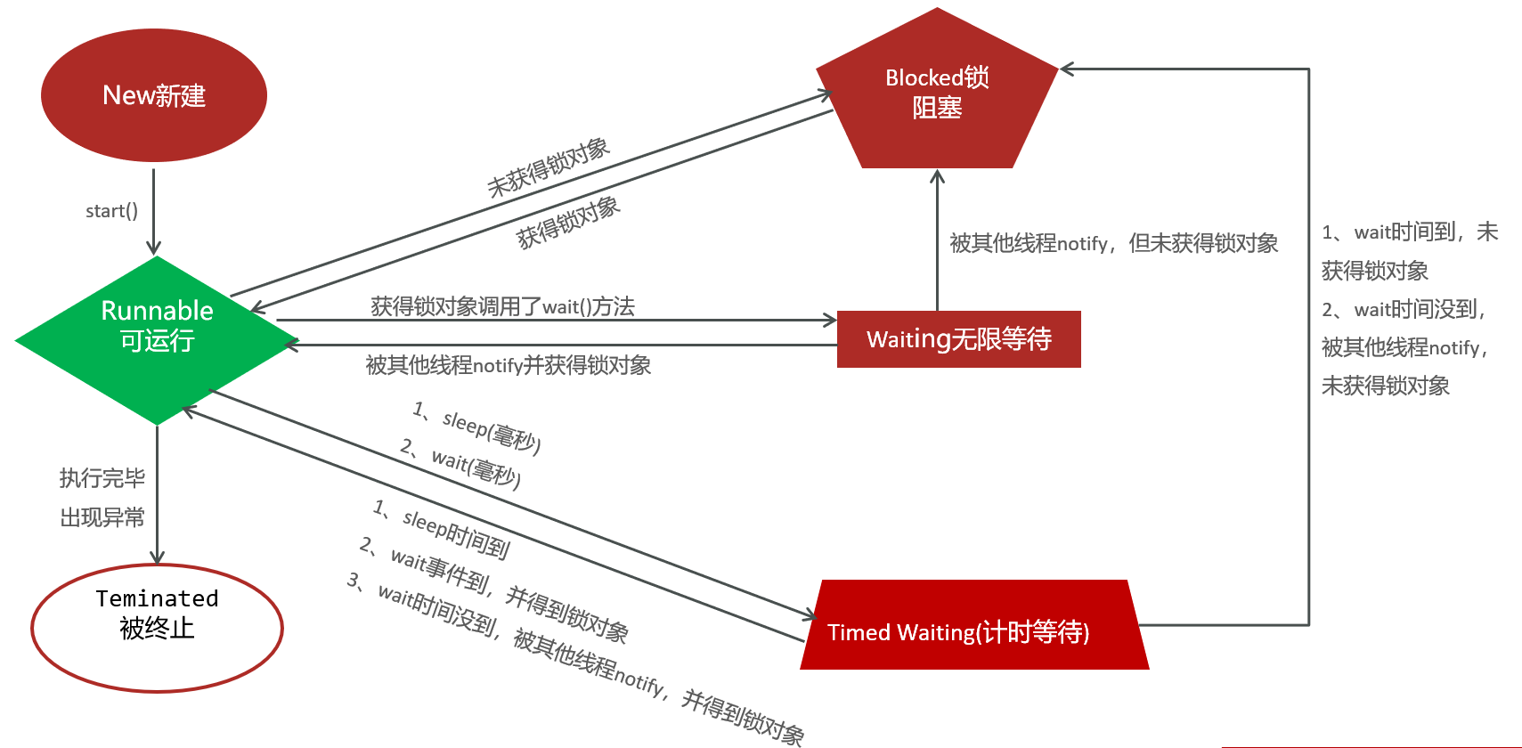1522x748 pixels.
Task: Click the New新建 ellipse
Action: tap(154, 95)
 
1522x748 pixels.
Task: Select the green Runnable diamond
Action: tap(157, 340)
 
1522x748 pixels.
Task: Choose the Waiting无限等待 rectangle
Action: tap(959, 339)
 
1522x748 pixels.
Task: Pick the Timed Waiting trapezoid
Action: tap(974, 625)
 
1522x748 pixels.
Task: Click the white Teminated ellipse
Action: tap(157, 629)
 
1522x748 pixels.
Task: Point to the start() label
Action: tap(111, 211)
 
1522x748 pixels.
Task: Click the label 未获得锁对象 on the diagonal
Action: tap(549, 167)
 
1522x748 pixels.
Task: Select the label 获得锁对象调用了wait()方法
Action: tap(503, 306)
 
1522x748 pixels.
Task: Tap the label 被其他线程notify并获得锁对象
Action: tap(509, 365)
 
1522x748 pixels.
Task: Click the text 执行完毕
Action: tap(102, 478)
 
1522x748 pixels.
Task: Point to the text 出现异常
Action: tap(102, 517)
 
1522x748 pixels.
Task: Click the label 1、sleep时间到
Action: tap(441, 529)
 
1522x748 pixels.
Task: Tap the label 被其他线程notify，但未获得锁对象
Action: tap(1113, 243)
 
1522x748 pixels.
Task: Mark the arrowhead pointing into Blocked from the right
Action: tap(1068, 69)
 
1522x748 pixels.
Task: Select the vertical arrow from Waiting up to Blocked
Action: tap(938, 240)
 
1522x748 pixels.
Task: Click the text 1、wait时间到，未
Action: tap(1410, 232)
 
